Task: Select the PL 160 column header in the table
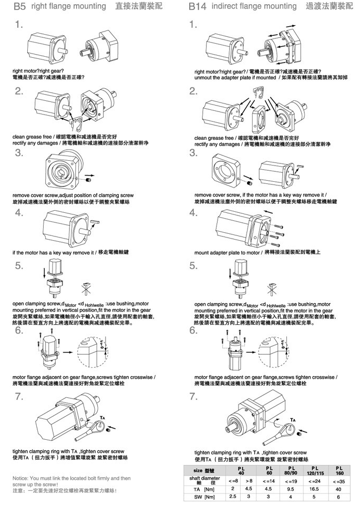click(x=339, y=470)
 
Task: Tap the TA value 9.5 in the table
click(x=290, y=488)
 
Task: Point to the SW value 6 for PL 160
click(x=339, y=497)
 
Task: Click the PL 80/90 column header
click(x=290, y=470)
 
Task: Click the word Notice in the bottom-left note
click(x=23, y=478)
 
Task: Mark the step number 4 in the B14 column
click(x=193, y=213)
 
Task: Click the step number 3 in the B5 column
click(x=19, y=153)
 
